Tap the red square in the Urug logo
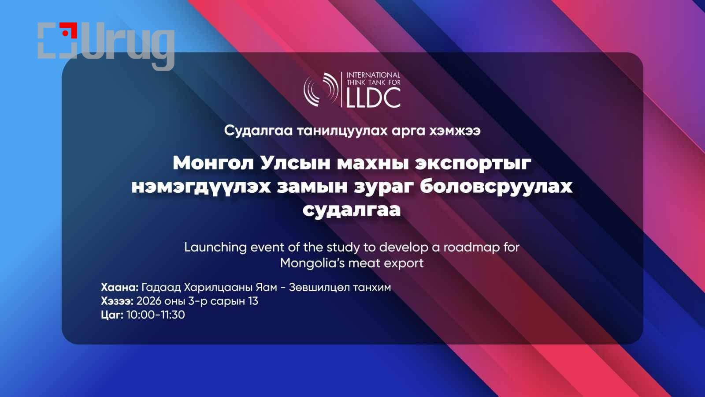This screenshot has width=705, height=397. click(x=69, y=30)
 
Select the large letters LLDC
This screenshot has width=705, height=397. click(x=374, y=97)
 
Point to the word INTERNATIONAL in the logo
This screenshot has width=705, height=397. click(x=373, y=75)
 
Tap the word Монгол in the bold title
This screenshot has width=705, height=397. click(x=213, y=163)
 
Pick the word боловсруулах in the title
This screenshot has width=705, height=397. click(x=496, y=187)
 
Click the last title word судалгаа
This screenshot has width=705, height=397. click(x=352, y=210)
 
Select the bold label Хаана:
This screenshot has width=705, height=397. click(x=119, y=287)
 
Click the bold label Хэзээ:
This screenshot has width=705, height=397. click(x=117, y=301)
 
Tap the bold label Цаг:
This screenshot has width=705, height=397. click(x=112, y=315)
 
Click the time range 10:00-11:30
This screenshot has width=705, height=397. click(x=156, y=315)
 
